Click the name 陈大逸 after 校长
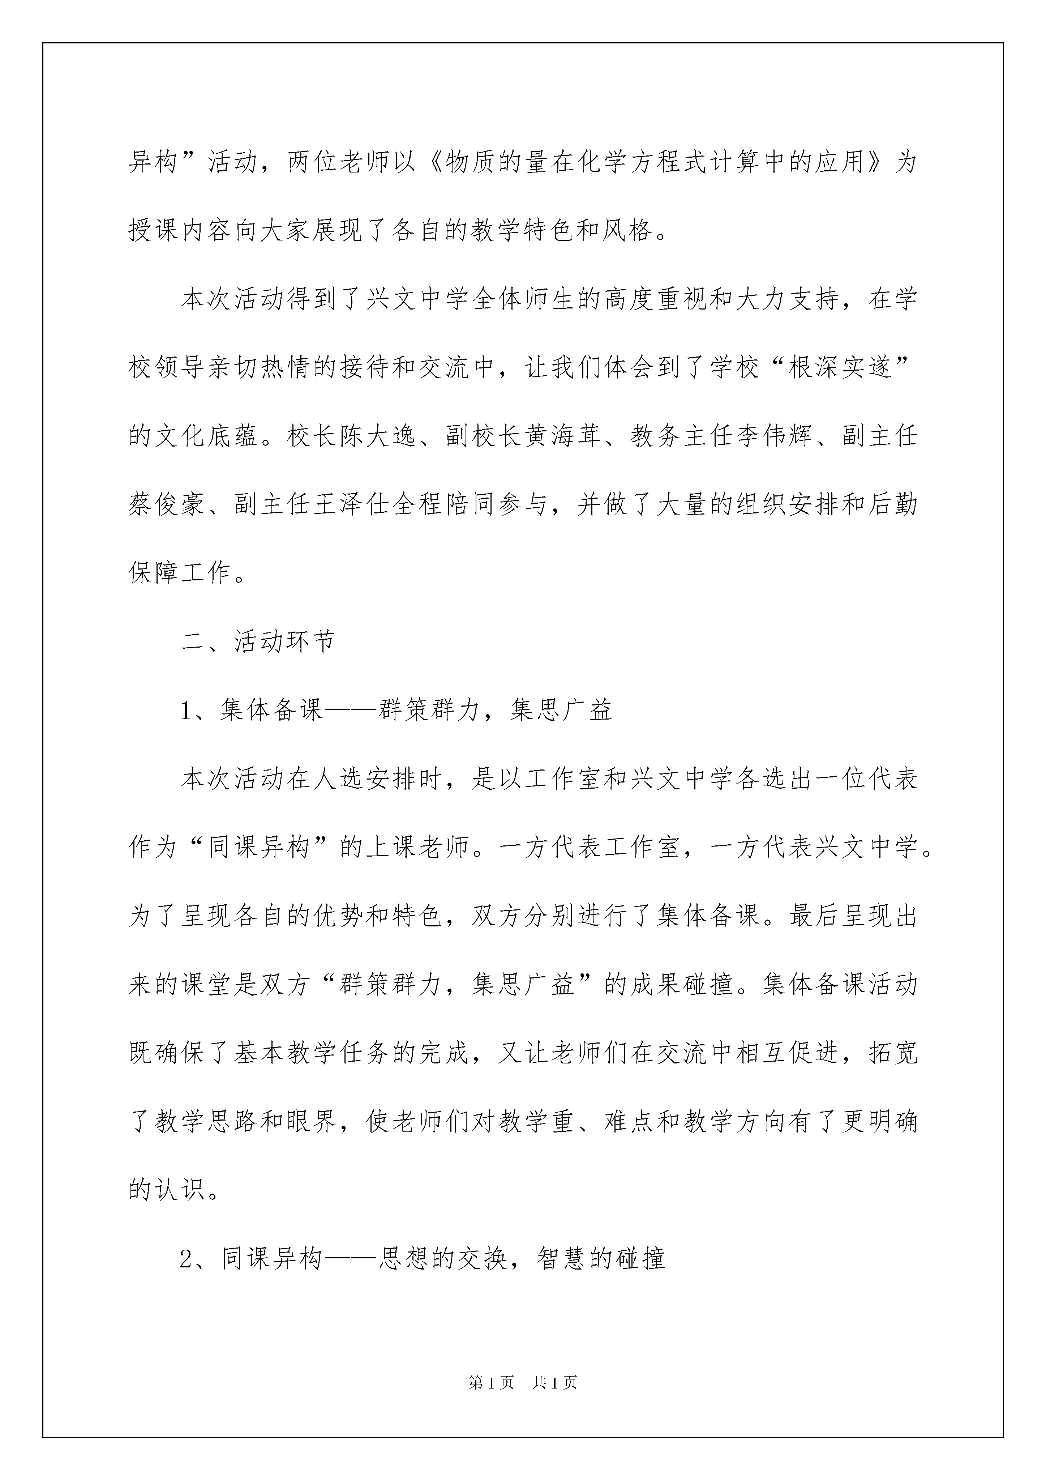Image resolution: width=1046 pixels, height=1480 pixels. pyautogui.click(x=379, y=436)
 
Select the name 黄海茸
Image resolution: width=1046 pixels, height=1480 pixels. pyautogui.click(x=563, y=436)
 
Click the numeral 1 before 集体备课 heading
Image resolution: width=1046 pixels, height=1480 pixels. pyautogui.click(x=187, y=710)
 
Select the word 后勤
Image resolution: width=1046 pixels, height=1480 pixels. pyautogui.click(x=892, y=505)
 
